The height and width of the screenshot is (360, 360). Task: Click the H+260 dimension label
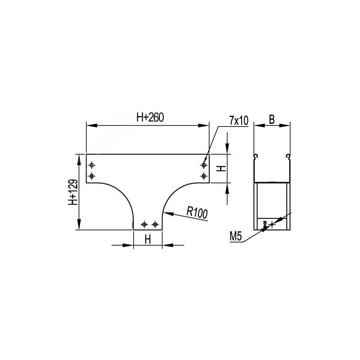click(150, 117)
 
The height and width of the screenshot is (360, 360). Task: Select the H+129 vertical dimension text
click(73, 192)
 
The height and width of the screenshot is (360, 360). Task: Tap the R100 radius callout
click(197, 212)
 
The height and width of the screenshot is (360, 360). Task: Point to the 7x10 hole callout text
click(239, 121)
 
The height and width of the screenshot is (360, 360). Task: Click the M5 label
click(236, 237)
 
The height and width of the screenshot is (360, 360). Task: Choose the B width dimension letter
click(272, 120)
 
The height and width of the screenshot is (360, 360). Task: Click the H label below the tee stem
click(148, 239)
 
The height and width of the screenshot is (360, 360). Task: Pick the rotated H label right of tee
click(221, 169)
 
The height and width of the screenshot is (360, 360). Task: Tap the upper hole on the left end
click(92, 165)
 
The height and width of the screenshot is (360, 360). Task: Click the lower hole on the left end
click(92, 176)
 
